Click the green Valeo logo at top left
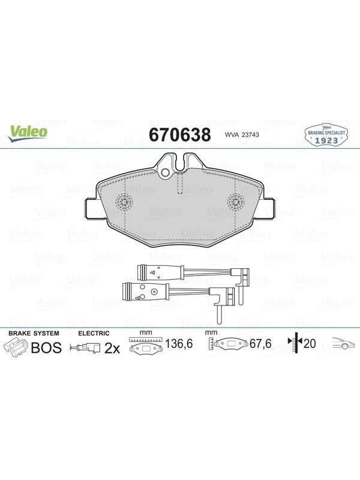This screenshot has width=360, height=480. [x=28, y=134]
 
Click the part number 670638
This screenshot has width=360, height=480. [x=179, y=134]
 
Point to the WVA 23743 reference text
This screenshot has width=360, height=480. [x=238, y=134]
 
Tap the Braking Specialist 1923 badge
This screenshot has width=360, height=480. [x=326, y=134]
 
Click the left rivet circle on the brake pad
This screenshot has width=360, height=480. [x=124, y=202]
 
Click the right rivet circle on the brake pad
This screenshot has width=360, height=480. [x=235, y=202]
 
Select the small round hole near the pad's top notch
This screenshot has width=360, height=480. [x=166, y=173]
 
